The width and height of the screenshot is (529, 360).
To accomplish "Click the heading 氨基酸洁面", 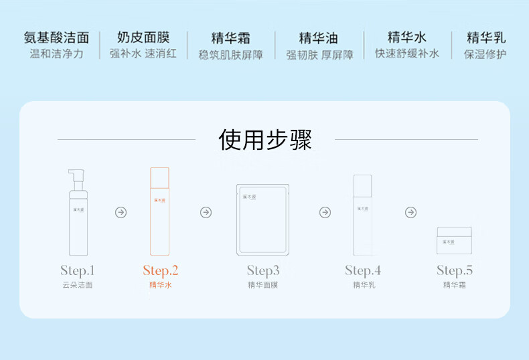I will tap(57, 37).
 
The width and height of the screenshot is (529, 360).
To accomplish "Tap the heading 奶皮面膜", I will tap(143, 37).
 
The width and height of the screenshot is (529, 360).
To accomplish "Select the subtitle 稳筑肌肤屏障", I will tap(231, 54).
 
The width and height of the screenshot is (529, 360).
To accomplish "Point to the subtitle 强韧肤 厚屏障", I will tap(319, 54).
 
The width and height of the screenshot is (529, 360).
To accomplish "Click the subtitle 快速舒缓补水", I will tap(407, 54).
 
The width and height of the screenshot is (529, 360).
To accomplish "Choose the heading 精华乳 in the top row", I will tap(485, 37).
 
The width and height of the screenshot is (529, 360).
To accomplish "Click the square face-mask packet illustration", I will tap(262, 219).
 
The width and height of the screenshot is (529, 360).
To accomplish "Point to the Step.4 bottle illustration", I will tap(362, 215).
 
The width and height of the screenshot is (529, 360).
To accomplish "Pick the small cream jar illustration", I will tap(454, 240).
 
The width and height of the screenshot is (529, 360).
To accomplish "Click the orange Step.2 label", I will tap(161, 270).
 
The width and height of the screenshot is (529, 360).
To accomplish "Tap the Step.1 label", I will tap(78, 270).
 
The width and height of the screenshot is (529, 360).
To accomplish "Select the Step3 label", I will tap(263, 270).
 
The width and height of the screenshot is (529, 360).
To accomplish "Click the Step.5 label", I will tap(455, 270).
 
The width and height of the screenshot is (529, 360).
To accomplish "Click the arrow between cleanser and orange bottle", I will tap(121, 212).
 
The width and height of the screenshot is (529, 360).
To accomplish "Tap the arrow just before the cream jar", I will tap(410, 212).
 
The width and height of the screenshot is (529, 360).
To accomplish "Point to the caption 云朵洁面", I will tap(78, 285).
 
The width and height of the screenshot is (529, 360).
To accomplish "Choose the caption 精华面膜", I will tap(262, 285).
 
